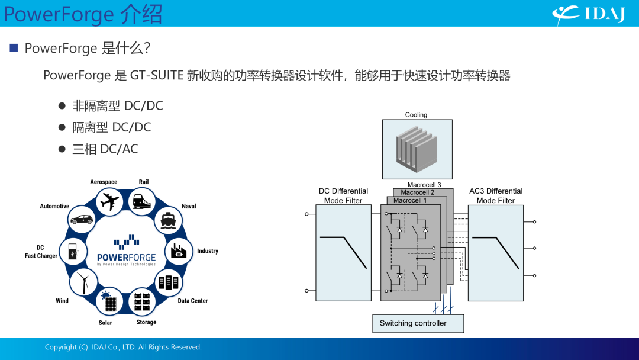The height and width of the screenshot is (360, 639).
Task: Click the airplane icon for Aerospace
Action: pos(110,202)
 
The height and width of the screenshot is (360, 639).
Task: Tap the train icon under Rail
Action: pos(142,201)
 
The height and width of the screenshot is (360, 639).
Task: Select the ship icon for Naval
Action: pos(168,220)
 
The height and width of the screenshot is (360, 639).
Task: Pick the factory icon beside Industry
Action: pos(179,251)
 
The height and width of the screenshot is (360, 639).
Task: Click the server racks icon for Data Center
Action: pos(168,282)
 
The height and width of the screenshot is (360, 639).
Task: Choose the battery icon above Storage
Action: pos(142,302)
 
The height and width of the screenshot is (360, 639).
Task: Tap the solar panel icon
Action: pos(109,301)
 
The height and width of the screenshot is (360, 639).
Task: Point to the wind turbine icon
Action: pos(83,282)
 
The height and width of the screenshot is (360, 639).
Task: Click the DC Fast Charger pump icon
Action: pos(73,251)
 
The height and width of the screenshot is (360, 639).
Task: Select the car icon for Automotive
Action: pos(82,220)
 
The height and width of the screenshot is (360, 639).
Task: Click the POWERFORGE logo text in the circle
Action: pos(127,257)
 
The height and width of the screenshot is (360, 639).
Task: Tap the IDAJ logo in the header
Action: pos(589,15)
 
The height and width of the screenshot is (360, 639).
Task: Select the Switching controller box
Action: pos(418,323)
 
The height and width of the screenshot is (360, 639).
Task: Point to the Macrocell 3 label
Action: pos(424,185)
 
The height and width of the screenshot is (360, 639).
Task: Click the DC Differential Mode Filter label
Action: pos(343,196)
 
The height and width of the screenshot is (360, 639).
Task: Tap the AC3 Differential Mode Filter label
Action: pos(496,196)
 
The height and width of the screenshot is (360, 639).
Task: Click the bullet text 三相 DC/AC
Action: pos(105,149)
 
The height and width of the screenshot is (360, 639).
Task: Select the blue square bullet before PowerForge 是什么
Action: pos(14,48)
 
